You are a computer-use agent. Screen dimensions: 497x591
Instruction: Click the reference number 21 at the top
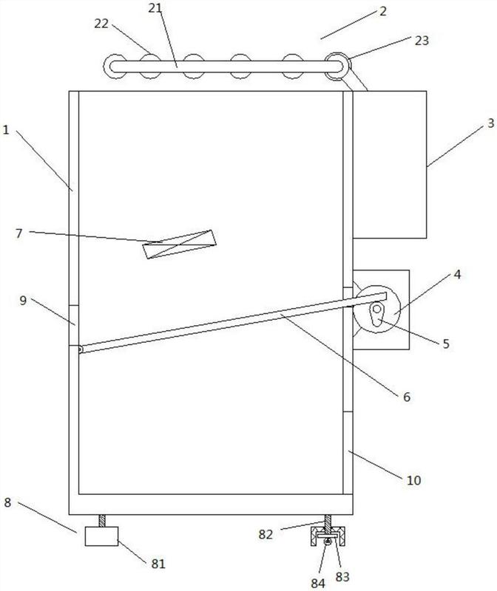(x=155, y=8)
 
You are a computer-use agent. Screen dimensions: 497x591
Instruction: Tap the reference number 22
(x=101, y=24)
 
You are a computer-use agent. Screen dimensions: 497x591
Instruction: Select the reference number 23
(x=422, y=41)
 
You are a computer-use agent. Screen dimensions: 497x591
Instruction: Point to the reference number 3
(x=490, y=123)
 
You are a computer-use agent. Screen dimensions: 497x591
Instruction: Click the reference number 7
(x=19, y=233)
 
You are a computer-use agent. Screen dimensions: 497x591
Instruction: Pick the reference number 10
(x=413, y=480)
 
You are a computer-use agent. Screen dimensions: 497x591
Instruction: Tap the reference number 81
(x=158, y=564)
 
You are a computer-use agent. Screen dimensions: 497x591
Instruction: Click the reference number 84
(x=318, y=583)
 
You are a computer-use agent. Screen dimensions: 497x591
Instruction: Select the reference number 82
(x=266, y=534)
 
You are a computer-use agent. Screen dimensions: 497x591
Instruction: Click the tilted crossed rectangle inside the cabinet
(x=179, y=245)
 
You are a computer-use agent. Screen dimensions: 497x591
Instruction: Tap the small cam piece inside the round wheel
(x=376, y=314)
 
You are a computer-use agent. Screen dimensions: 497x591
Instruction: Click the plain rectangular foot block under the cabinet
(x=101, y=536)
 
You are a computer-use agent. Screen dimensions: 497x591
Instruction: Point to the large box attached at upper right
(x=390, y=164)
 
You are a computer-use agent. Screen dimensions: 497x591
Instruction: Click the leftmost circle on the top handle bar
(x=115, y=66)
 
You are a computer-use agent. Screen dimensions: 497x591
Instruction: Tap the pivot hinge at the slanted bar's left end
(x=81, y=349)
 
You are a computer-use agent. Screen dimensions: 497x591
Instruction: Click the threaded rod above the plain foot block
(x=102, y=521)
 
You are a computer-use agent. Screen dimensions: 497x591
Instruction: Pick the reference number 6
(x=407, y=397)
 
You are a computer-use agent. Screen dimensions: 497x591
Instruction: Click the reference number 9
(x=23, y=301)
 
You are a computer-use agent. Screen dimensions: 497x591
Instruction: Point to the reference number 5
(x=446, y=344)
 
